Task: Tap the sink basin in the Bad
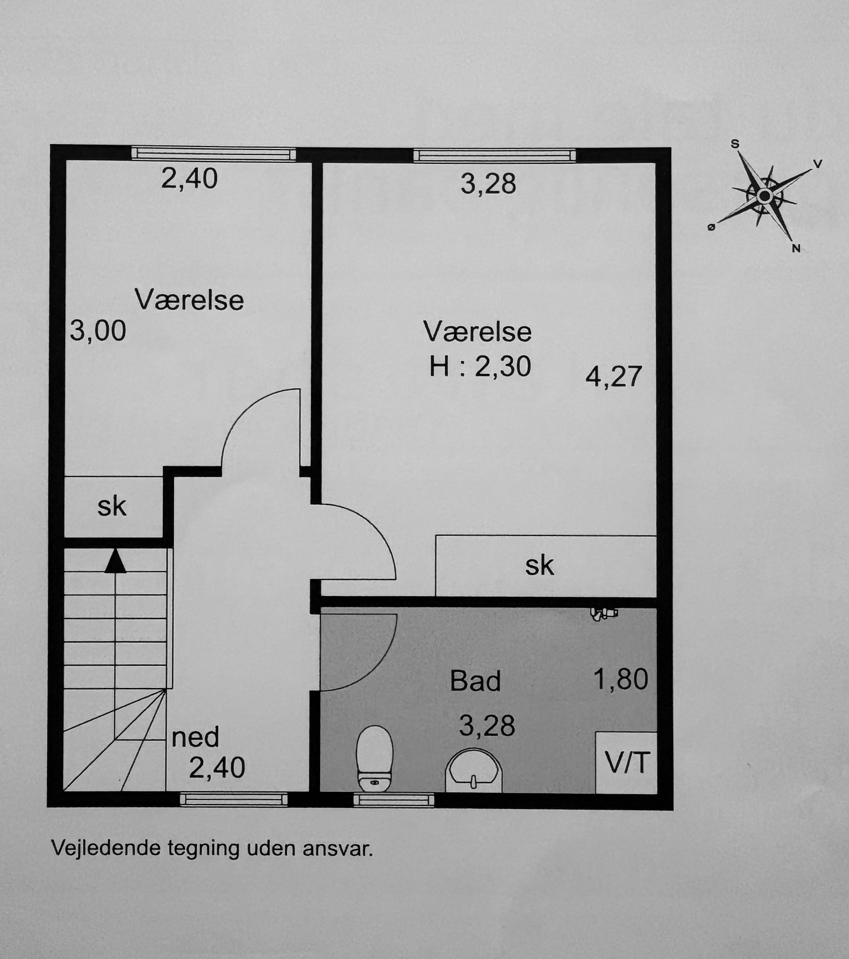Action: point(473,771)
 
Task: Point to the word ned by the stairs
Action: point(195,737)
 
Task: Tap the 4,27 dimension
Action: point(614,376)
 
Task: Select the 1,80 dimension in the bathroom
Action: point(621,679)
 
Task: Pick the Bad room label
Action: point(475,681)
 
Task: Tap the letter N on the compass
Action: point(796,249)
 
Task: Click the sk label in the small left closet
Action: point(112,507)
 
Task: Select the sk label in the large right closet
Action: point(539,566)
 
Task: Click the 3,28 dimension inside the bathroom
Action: point(487,725)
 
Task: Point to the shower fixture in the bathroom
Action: point(604,613)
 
